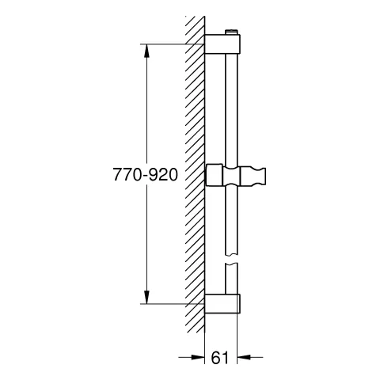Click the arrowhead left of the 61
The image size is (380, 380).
pos(199,356)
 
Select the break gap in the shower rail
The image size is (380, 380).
pos(230,260)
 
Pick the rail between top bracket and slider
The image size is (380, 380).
pos(230,111)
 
